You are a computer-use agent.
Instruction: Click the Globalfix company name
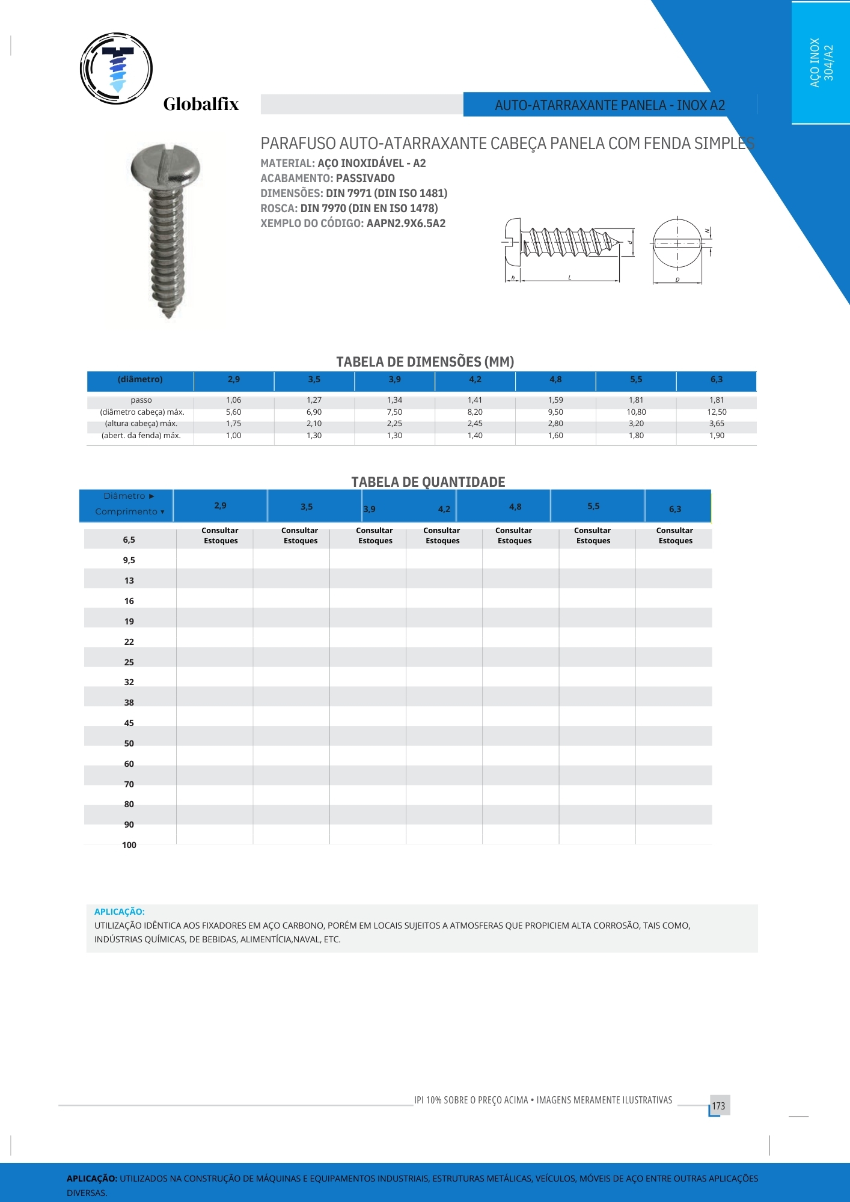tap(201, 105)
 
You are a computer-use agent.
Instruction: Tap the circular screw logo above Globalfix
tap(116, 68)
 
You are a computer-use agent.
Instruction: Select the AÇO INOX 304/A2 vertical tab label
tap(821, 63)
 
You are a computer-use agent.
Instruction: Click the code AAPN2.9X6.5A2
tap(406, 224)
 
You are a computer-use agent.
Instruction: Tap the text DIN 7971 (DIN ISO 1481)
tap(387, 194)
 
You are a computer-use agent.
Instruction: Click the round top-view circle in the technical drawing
tap(677, 243)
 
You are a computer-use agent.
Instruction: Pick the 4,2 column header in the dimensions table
tap(475, 380)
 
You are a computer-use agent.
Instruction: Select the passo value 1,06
tap(233, 400)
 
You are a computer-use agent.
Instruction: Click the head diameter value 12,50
tap(717, 412)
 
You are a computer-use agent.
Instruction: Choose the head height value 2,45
tap(475, 424)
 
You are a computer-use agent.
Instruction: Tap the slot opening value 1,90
tap(717, 436)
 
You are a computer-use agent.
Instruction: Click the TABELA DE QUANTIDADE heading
tap(428, 482)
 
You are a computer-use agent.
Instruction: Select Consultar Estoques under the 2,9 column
tap(220, 535)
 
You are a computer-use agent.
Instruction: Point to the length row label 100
tap(129, 845)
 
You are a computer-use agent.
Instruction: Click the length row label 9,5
tap(129, 560)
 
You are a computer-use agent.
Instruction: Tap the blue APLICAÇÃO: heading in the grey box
tap(119, 912)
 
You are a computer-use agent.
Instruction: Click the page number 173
tap(718, 1106)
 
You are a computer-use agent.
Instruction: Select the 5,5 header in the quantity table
tap(593, 507)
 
